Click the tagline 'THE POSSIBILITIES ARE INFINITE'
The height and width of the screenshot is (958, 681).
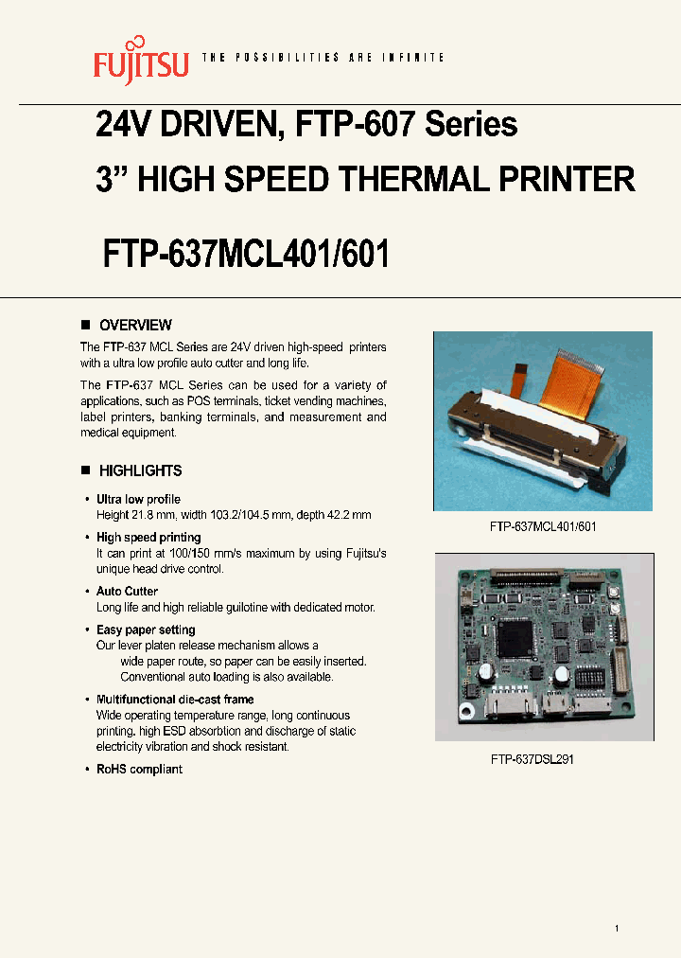(323, 58)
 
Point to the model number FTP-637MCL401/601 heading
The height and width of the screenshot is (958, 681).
(246, 253)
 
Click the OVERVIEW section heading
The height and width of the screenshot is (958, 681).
(135, 325)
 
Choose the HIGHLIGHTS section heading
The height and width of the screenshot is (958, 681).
(140, 470)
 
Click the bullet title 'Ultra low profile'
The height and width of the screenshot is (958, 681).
(138, 499)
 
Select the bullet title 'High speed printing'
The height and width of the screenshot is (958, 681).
(148, 538)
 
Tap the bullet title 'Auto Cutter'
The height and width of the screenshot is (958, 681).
(127, 592)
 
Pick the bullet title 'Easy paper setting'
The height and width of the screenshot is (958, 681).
(146, 630)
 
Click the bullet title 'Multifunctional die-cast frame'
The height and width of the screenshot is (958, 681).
(175, 700)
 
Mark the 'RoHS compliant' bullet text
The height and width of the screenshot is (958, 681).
(139, 770)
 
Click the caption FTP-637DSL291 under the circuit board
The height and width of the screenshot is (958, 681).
(532, 759)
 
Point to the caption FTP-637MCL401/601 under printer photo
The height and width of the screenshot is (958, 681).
(542, 526)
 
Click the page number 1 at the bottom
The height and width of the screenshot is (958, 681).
(617, 929)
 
